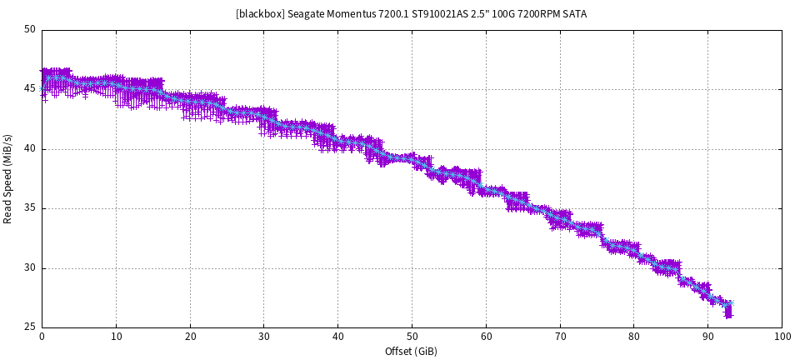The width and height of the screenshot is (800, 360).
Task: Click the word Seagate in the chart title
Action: click(307, 14)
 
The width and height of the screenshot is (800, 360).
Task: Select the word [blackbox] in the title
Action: click(260, 14)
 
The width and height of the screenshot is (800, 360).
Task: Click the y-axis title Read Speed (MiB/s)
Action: click(8, 178)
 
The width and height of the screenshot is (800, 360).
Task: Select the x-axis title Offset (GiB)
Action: click(411, 351)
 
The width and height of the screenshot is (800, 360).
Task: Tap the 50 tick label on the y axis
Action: click(30, 30)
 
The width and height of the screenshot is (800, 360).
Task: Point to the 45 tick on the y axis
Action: click(30, 89)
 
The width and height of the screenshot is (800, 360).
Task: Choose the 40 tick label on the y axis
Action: click(30, 149)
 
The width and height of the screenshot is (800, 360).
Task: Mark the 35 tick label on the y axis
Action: click(30, 208)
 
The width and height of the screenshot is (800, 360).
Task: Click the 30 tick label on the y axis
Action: click(30, 268)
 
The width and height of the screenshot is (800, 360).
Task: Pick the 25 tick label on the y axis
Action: click(30, 327)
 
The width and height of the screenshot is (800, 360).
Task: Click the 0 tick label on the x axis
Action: click(42, 337)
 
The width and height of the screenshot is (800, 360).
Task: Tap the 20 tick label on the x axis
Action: click(190, 337)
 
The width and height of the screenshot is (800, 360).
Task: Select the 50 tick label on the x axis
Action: click(412, 337)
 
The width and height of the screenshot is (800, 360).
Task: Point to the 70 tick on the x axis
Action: click(560, 337)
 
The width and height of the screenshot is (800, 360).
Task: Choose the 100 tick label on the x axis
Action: click(782, 337)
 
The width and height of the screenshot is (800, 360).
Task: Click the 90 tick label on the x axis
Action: click(707, 337)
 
